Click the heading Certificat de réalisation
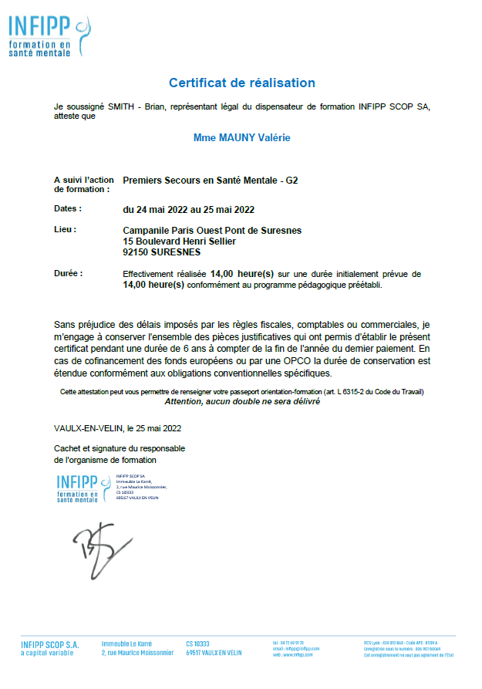[x=241, y=83]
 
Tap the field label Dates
[x=67, y=208]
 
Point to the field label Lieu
[x=65, y=229]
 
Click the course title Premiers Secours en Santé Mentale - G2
[x=210, y=181]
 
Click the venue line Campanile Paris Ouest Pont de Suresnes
[x=212, y=230]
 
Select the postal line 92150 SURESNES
[x=161, y=252]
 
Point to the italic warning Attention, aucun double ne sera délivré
[x=241, y=401]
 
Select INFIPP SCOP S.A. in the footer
[x=50, y=643]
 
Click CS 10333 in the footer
[x=197, y=643]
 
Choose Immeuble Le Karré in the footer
[x=126, y=643]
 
